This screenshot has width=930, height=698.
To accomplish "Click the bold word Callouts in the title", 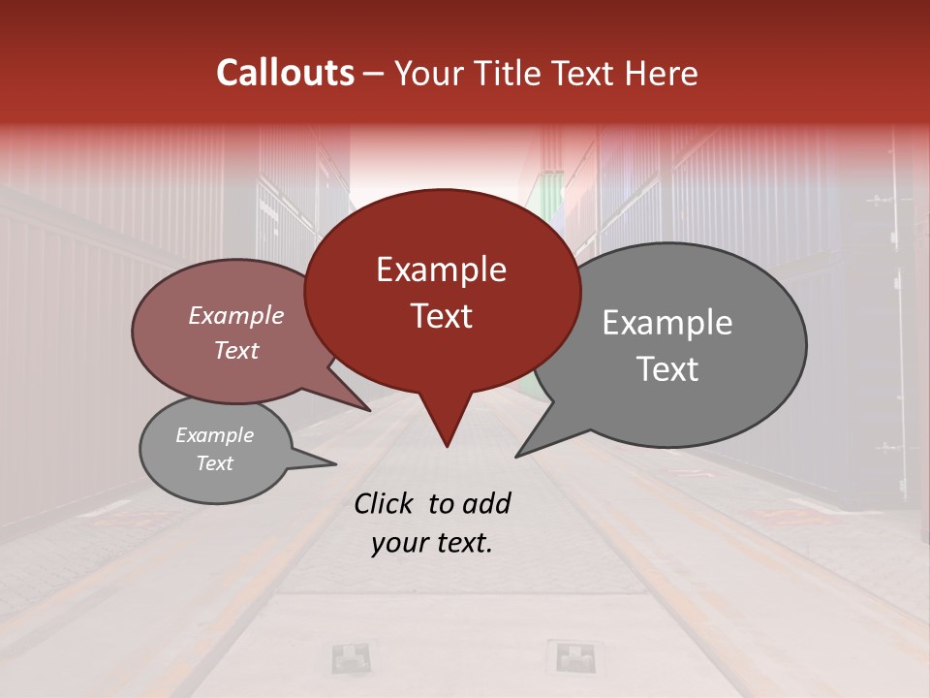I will click(x=286, y=73).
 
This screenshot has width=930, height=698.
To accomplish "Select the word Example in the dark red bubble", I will click(x=441, y=270).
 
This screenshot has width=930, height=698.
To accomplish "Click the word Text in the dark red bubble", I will click(x=441, y=316).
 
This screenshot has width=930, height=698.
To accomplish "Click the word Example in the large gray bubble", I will click(x=667, y=323).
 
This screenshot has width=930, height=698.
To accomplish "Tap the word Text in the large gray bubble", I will click(x=667, y=369).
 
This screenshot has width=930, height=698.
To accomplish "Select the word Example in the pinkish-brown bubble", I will click(x=235, y=315).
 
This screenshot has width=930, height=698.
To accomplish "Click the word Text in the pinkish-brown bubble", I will click(x=235, y=350).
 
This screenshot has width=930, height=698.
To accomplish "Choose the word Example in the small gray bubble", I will click(x=214, y=435).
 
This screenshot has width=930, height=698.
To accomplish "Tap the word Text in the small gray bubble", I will click(x=214, y=463).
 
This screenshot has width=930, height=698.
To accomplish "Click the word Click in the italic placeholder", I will click(x=386, y=503).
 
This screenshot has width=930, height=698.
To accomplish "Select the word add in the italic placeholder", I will click(x=486, y=503).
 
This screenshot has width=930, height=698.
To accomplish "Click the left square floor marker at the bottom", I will click(x=350, y=657).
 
